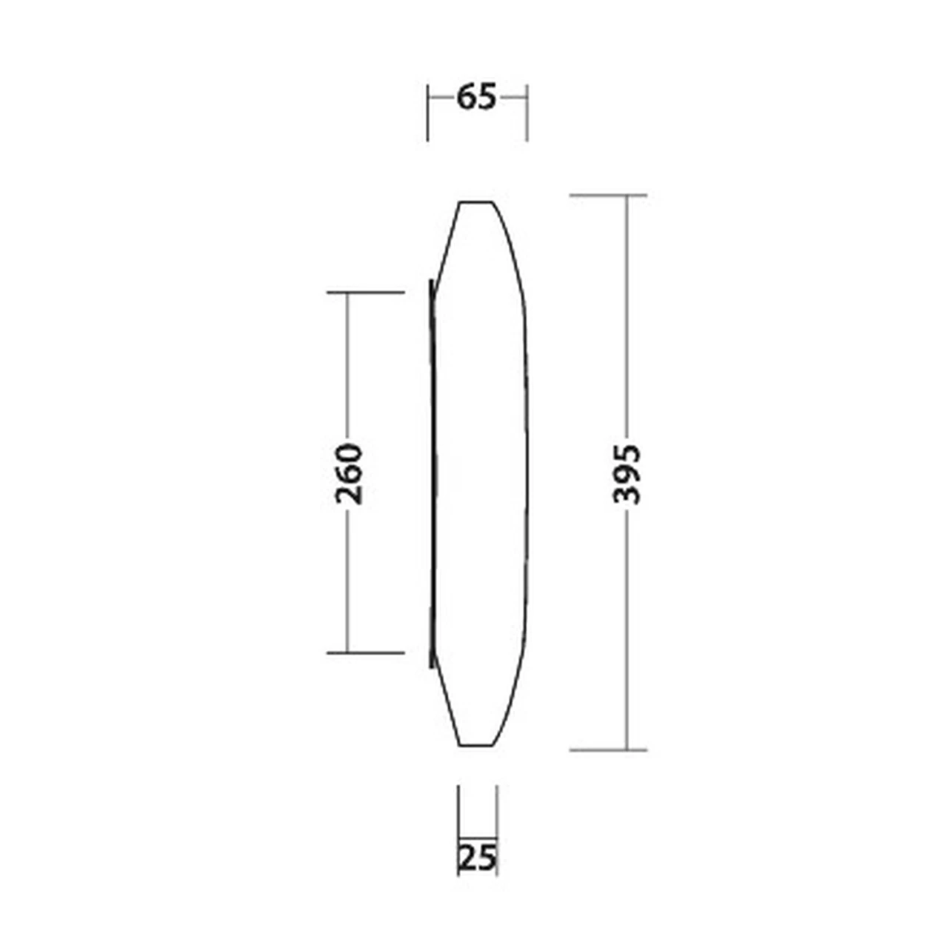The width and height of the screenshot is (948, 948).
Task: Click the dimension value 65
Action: pos(476,98)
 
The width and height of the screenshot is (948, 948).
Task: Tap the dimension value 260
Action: pos(349,474)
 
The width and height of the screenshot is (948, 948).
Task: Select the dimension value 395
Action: pos(627,474)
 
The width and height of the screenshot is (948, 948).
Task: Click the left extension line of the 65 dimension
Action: pos(427,113)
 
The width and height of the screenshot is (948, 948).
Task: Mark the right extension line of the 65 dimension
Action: pos(527,113)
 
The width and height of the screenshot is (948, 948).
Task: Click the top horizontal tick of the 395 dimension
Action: pos(608,196)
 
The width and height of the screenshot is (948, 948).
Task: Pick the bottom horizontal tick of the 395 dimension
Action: pos(608,750)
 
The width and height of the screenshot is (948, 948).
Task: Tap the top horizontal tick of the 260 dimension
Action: pos(366,293)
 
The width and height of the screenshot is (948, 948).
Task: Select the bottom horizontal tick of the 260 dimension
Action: pos(366,652)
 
